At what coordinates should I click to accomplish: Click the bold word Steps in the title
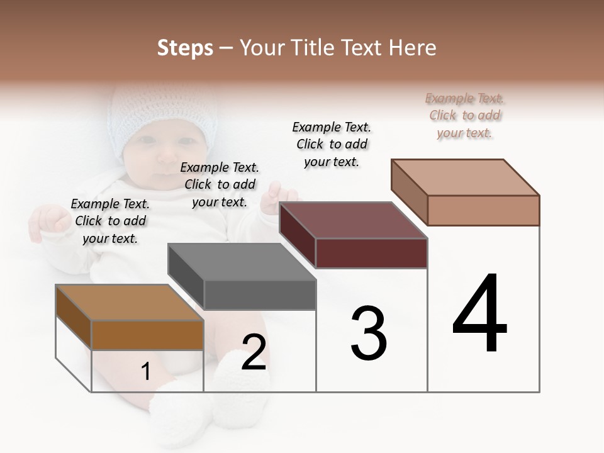click(x=185, y=48)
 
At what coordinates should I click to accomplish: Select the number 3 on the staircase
click(x=369, y=333)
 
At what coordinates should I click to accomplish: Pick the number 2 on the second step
click(x=254, y=353)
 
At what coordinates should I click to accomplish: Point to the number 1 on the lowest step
click(x=145, y=372)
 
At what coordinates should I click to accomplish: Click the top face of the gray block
click(x=242, y=261)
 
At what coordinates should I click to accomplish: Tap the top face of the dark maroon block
click(x=353, y=220)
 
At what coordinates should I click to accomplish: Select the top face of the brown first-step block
click(x=129, y=302)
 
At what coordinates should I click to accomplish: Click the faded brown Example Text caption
click(x=464, y=115)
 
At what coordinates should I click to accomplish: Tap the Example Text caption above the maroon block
click(x=332, y=144)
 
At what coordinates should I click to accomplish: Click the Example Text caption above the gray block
click(x=220, y=184)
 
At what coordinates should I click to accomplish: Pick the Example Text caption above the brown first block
click(x=110, y=221)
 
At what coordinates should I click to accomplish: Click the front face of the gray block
click(x=260, y=294)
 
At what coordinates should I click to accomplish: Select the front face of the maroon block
click(x=371, y=253)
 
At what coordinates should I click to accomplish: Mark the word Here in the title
click(x=413, y=48)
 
